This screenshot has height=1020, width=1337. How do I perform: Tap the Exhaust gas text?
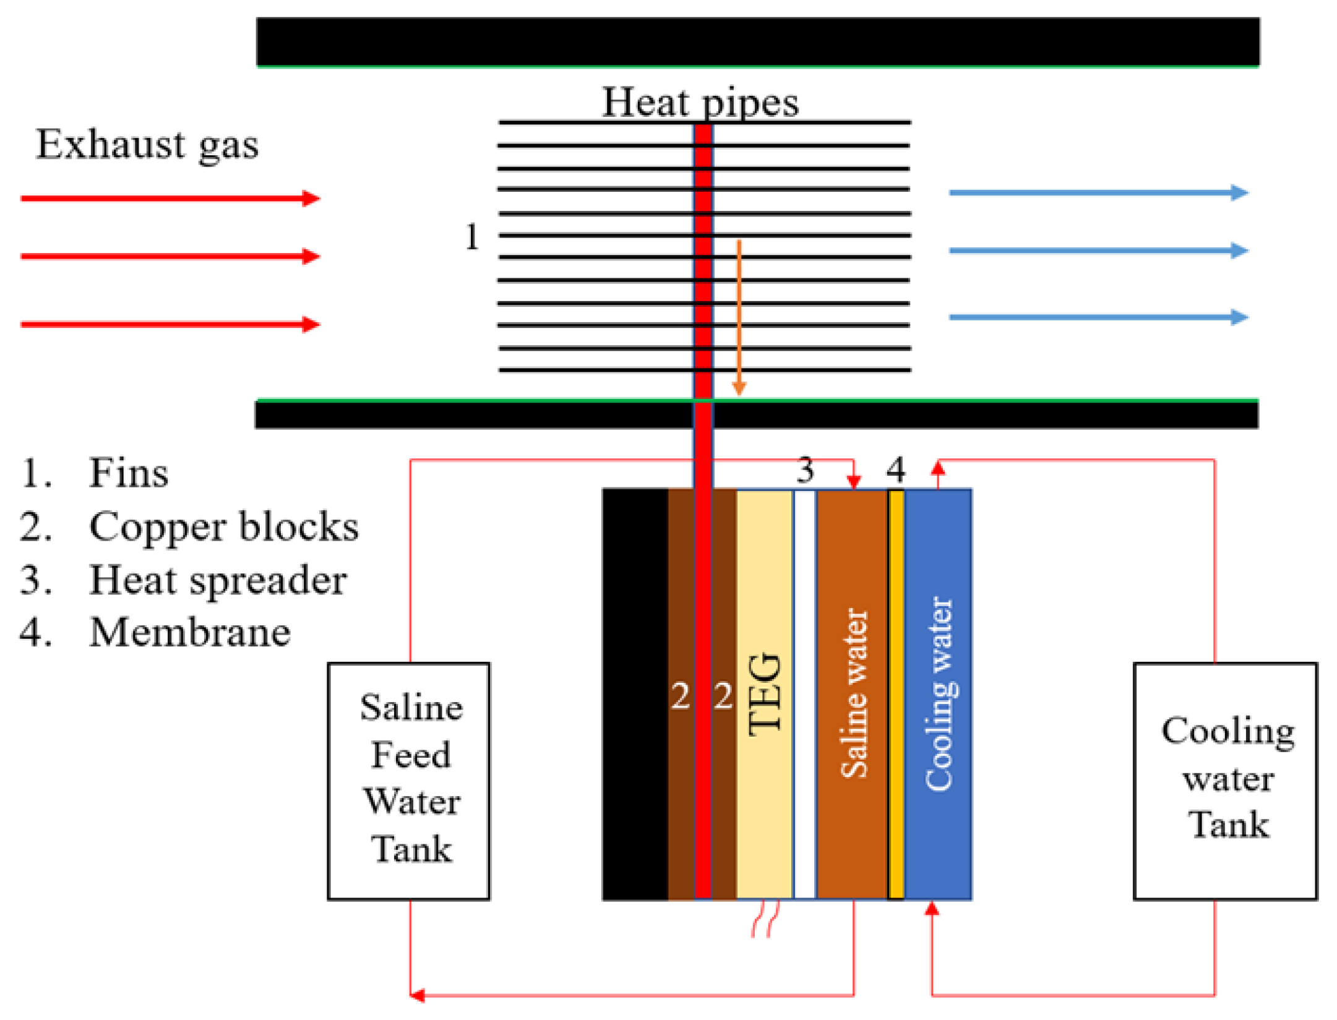point(147,145)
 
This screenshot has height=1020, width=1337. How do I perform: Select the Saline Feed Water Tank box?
point(409,781)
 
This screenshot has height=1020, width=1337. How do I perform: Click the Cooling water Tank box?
point(1225,781)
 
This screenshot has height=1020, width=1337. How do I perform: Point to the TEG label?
point(765,694)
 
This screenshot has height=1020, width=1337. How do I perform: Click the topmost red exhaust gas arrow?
point(170,199)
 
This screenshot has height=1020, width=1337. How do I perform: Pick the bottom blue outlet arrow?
point(1098,317)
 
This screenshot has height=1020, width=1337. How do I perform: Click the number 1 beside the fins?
point(472,237)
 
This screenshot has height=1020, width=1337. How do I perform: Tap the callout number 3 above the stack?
point(804,471)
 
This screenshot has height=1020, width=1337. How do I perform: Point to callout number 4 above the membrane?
point(895,470)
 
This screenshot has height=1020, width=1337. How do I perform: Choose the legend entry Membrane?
point(189,633)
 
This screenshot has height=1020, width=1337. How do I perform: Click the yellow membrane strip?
point(895,693)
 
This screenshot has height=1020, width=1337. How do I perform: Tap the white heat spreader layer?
point(804,693)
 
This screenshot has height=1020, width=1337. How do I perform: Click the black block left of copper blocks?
point(635,693)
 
